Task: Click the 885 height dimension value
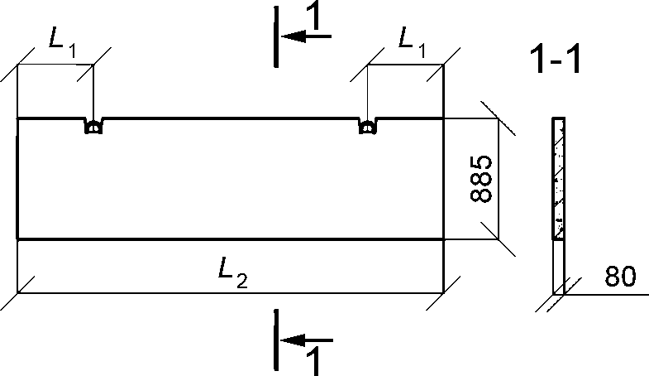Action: pyautogui.click(x=481, y=179)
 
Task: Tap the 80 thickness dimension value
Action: pyautogui.click(x=619, y=276)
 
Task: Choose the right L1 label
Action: pyautogui.click(x=412, y=42)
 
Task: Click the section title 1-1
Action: pyautogui.click(x=555, y=60)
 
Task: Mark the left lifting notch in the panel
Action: pyautogui.click(x=93, y=126)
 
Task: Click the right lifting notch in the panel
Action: pyautogui.click(x=368, y=126)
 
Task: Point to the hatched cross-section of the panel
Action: pyautogui.click(x=558, y=178)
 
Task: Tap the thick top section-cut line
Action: pyautogui.click(x=276, y=36)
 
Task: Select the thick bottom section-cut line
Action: pyautogui.click(x=276, y=340)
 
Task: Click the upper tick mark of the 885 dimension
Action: pyautogui.click(x=498, y=118)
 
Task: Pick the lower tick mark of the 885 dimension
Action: pyautogui.click(x=498, y=239)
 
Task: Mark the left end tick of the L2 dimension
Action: pyautogui.click(x=17, y=292)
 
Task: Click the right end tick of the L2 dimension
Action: pyautogui.click(x=443, y=292)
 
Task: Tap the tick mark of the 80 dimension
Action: pyautogui.click(x=559, y=294)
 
